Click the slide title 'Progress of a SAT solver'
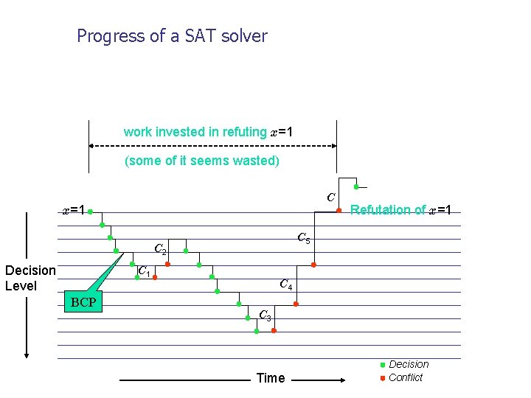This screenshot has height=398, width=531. click(x=172, y=35)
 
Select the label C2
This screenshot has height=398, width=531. click(x=160, y=250)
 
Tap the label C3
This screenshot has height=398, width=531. click(x=265, y=315)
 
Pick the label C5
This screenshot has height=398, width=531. click(x=304, y=238)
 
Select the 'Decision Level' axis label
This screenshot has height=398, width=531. click(x=29, y=278)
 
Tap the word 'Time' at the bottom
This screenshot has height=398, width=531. click(x=270, y=378)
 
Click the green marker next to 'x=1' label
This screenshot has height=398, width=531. click(x=89, y=212)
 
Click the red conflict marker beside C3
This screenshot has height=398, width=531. click(x=274, y=331)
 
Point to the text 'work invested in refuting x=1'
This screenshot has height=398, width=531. click(x=208, y=132)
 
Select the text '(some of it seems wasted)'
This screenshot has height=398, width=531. click(x=202, y=161)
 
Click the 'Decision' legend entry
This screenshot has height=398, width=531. click(x=408, y=364)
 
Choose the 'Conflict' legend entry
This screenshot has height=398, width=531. click(x=405, y=377)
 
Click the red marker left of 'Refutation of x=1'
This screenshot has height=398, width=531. click(x=339, y=211)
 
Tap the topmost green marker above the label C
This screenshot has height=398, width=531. click(x=356, y=187)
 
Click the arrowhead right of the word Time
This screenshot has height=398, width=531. click(x=343, y=381)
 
